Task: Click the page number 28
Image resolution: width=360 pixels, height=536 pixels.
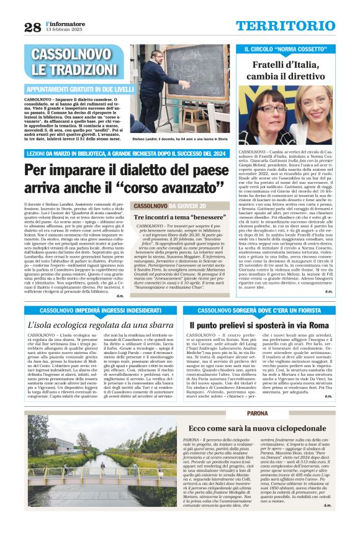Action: [32, 27]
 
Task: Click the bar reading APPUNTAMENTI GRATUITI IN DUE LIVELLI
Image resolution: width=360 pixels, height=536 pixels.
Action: [79, 89]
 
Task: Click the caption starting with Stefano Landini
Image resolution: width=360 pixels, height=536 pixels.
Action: [181, 142]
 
